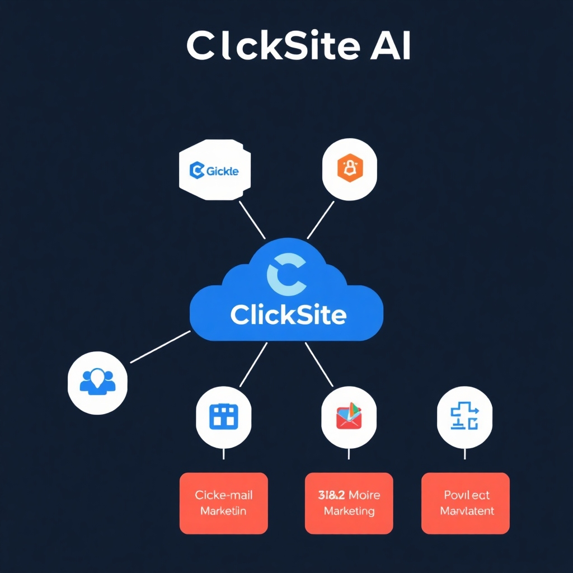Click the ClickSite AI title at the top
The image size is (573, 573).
point(298,45)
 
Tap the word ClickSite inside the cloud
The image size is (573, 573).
point(288,315)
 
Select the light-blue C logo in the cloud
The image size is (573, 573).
point(286,274)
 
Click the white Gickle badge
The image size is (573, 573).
point(214,170)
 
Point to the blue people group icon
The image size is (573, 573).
point(97,382)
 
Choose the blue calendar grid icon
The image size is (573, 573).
point(223,416)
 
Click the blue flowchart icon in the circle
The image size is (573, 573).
point(464,417)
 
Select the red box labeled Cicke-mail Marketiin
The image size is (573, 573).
point(223,503)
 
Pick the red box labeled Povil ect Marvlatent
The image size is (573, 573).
point(466,503)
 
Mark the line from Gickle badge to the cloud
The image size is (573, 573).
point(252,220)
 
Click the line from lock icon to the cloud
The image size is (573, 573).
point(321,220)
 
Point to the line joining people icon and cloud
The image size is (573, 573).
point(160,346)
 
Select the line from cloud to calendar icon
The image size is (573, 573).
point(253,364)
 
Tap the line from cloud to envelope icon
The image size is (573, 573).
point(319,364)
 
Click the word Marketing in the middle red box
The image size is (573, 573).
point(349,511)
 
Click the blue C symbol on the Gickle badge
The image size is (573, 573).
point(196,170)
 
